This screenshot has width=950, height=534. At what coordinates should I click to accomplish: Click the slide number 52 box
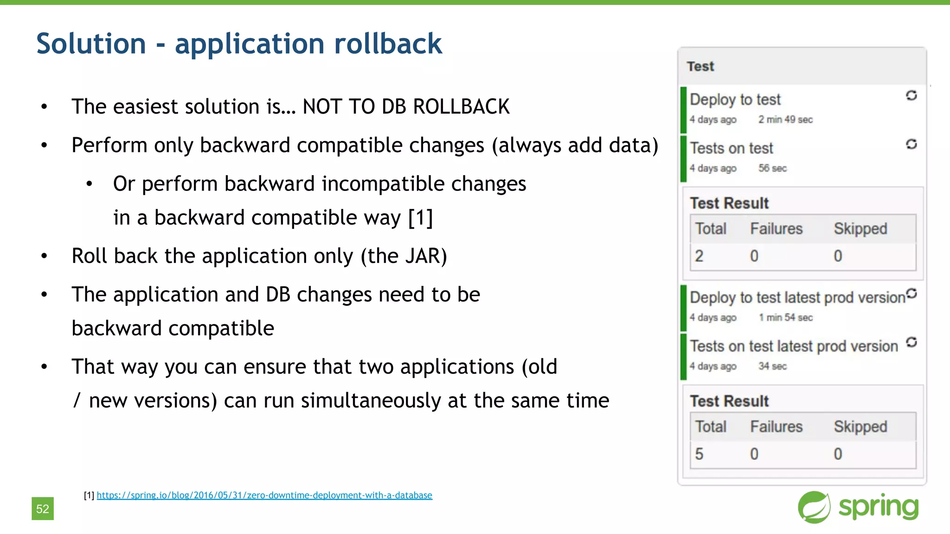[43, 509]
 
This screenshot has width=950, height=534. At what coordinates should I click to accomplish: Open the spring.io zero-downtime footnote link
[264, 495]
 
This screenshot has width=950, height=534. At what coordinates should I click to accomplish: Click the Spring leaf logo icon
[814, 507]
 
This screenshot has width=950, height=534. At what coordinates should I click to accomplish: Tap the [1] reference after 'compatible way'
[420, 217]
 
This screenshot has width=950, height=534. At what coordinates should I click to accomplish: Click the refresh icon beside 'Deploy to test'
[911, 95]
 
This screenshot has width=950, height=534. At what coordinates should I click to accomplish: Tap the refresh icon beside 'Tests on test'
[911, 144]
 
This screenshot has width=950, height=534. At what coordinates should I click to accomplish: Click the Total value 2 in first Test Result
[699, 256]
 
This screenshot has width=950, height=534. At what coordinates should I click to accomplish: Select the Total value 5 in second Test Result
[699, 454]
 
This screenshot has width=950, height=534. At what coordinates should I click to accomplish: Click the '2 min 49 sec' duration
[785, 120]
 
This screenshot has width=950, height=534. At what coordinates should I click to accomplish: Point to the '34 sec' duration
[772, 366]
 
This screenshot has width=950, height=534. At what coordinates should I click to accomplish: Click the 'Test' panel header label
[700, 66]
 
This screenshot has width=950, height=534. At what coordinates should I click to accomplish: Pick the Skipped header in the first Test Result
[860, 229]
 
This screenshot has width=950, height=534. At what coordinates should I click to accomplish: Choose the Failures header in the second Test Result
[776, 426]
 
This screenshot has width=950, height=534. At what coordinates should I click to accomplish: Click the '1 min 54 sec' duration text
[785, 318]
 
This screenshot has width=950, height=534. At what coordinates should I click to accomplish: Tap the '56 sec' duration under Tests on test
[772, 168]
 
